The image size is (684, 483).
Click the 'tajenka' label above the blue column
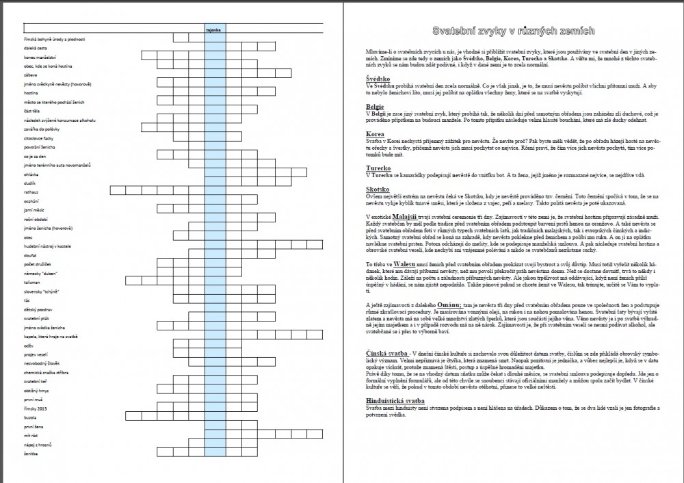click(213, 30)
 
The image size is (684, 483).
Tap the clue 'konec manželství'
click(41, 57)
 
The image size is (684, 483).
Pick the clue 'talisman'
click(33, 281)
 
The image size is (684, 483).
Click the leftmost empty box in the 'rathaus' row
click(116, 192)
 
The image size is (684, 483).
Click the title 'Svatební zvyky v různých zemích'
click(514, 31)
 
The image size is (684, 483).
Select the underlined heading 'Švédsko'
click(378, 79)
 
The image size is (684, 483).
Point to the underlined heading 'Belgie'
click(375, 107)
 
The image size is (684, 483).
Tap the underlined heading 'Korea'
click(375, 134)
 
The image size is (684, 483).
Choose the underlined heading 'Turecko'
click(378, 167)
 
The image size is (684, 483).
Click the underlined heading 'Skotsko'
click(378, 188)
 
